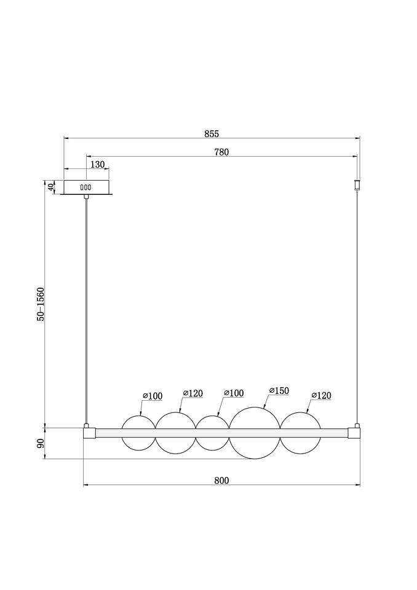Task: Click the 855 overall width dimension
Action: [212, 133]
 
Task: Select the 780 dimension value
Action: [221, 152]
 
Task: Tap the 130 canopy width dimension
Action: [98, 165]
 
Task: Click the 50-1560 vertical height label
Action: [41, 304]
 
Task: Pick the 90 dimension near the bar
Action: [41, 443]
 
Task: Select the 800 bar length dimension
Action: [221, 481]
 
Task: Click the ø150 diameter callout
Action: [279, 391]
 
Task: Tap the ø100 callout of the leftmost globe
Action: [153, 396]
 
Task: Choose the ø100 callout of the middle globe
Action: [234, 393]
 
